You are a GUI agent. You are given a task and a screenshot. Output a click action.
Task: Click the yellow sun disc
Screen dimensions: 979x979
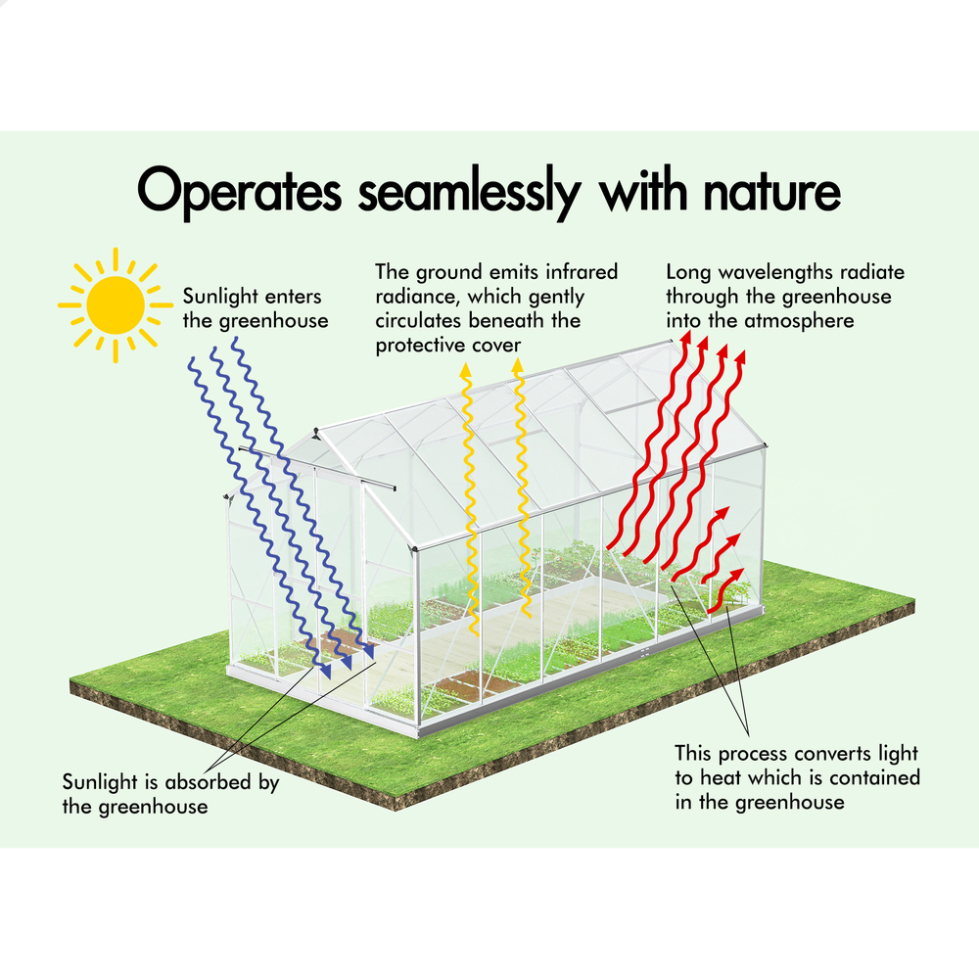[x=116, y=305]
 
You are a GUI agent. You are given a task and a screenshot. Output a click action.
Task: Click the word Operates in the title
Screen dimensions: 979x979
[x=239, y=192]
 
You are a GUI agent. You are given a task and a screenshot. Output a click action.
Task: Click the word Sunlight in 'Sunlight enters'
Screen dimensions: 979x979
[x=220, y=297]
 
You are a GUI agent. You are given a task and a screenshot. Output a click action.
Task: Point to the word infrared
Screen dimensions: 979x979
[x=582, y=271]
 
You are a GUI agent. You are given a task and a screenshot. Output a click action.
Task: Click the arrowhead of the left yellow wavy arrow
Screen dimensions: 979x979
[x=465, y=370]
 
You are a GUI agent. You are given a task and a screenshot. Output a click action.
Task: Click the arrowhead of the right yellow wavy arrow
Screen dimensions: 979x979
[x=517, y=366]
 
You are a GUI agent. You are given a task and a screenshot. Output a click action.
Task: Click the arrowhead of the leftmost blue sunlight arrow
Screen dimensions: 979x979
[x=325, y=672]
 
